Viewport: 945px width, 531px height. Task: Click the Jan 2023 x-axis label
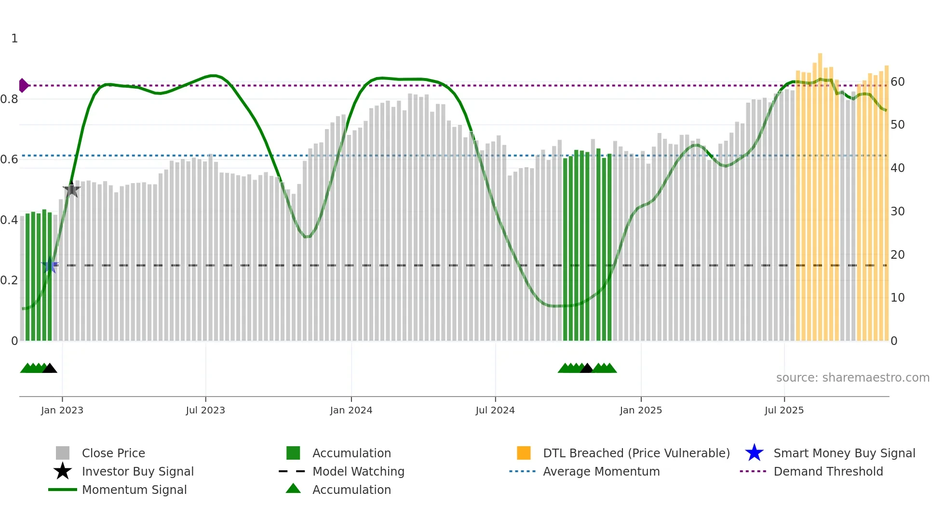(62, 410)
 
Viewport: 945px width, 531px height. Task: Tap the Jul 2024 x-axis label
(495, 410)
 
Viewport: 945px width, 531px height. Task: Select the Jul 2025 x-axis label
(784, 410)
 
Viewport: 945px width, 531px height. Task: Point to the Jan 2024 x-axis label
(351, 410)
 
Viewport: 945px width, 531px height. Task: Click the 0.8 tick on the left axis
(9, 99)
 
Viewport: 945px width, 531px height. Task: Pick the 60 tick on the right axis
(897, 82)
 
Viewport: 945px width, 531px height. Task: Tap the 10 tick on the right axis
(897, 298)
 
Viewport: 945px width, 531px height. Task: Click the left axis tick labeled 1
(14, 39)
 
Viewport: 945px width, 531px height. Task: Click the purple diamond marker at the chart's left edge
(23, 85)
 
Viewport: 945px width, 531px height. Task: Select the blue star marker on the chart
(50, 265)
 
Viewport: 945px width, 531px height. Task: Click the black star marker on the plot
(72, 190)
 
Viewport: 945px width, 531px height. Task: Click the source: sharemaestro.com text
(852, 378)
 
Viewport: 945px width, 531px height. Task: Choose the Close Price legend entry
(113, 453)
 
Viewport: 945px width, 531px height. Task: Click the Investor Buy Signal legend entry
(137, 471)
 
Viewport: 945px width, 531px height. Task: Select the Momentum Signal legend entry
(134, 490)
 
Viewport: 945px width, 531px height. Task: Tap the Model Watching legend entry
(358, 471)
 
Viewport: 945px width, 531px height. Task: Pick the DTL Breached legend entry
(636, 453)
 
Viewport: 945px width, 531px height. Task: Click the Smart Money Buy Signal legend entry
(844, 453)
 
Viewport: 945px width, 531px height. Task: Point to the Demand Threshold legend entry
(828, 471)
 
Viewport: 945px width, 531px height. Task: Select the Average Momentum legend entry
(601, 471)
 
